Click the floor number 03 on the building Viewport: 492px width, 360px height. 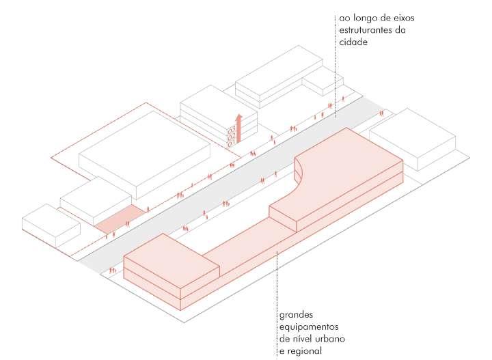pyautogui.click(x=231, y=128)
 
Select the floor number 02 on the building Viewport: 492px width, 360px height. pyautogui.click(x=231, y=136)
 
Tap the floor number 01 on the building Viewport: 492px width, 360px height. pyautogui.click(x=231, y=143)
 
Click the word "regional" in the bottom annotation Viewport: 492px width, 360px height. pyautogui.click(x=307, y=351)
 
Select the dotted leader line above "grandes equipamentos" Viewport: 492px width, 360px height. pyautogui.click(x=277, y=280)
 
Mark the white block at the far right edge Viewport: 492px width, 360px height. pyautogui.click(x=413, y=140)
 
